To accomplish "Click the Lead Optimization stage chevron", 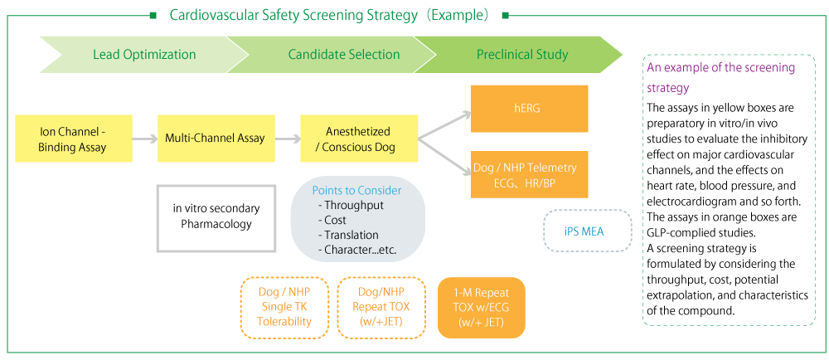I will [x=144, y=55].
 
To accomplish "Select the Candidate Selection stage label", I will [x=343, y=55].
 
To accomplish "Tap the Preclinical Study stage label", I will [x=522, y=55].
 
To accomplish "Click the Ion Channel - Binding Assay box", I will [x=73, y=139].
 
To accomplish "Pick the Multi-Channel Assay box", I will [x=216, y=139].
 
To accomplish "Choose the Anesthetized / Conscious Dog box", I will [x=358, y=139].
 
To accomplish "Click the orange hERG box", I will [x=529, y=109].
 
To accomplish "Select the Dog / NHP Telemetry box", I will [x=529, y=174].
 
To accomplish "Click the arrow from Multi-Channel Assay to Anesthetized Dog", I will [x=287, y=139].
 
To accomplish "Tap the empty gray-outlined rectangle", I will [x=216, y=218].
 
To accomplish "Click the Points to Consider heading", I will [x=356, y=191].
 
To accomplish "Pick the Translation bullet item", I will [x=351, y=235].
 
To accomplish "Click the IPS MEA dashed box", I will [x=587, y=231].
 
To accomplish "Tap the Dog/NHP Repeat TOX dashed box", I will [x=381, y=308].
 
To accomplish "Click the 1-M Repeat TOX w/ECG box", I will [x=482, y=308].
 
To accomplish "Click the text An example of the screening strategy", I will [x=720, y=77].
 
